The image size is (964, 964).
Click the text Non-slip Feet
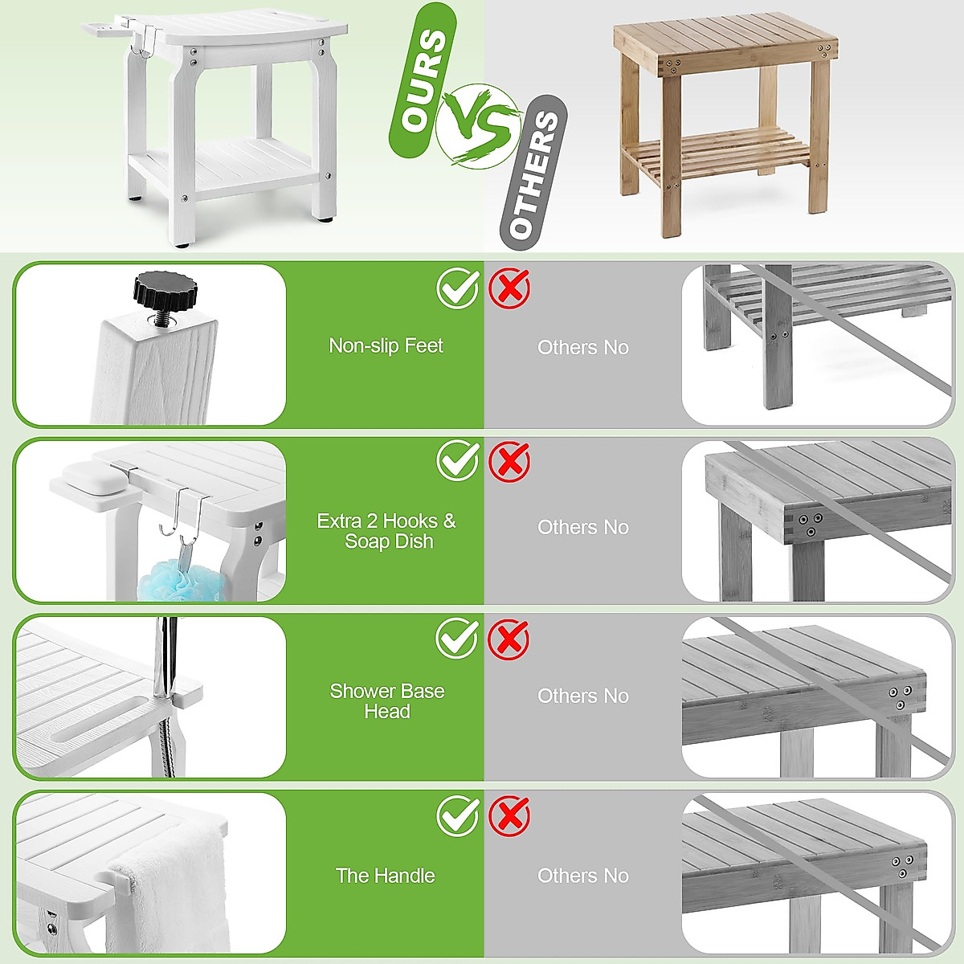point(386,345)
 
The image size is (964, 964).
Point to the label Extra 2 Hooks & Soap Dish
point(386,531)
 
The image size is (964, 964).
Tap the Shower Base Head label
point(386,701)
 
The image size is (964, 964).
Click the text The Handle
point(386,876)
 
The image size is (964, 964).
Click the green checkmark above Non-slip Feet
point(458,287)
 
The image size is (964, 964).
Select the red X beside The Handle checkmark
point(509,816)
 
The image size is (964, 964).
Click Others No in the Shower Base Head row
point(583,696)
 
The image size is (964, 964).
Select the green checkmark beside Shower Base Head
point(458,639)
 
